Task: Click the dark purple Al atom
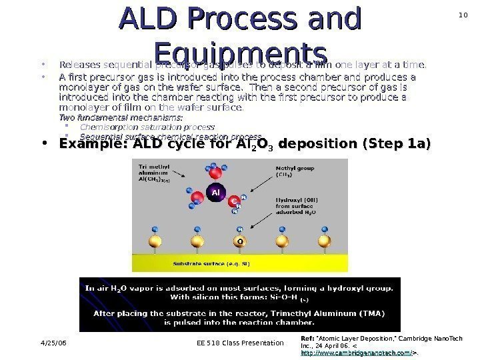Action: [x=215, y=193]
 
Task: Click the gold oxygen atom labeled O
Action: [x=236, y=240]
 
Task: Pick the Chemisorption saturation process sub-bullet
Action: [x=147, y=126]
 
